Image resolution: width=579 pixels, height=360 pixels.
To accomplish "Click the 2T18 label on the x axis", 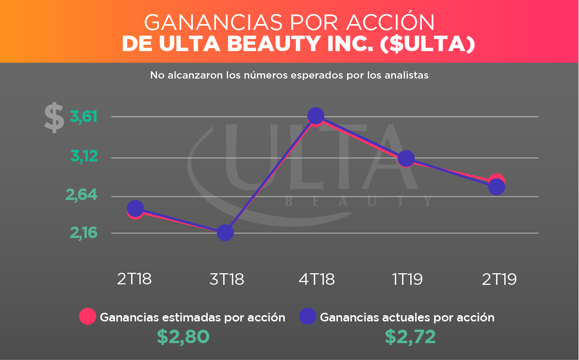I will coord(135,279).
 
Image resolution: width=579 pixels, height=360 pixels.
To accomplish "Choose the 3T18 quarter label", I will coord(226,279).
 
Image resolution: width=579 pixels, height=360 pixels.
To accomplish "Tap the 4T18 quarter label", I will coord(317,279).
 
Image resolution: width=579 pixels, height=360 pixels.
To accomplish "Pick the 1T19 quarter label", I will coord(407,279).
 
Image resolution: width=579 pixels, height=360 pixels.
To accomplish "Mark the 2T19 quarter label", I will coord(498,279).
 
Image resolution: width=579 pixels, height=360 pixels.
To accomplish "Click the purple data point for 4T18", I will coord(315,116).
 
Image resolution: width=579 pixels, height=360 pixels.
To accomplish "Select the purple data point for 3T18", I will coord(225,233).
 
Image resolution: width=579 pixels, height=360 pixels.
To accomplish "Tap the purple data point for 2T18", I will coord(135,208).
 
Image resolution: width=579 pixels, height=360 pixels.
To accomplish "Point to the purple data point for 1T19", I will coord(406,158).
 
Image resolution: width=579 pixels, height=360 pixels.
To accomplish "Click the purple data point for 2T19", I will coord(497,187).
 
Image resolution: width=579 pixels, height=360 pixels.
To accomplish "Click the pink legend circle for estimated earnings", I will coord(88,317).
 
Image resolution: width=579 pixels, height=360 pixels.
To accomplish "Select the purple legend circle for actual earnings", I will coord(308,317).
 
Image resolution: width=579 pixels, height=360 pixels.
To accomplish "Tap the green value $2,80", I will coord(183,337).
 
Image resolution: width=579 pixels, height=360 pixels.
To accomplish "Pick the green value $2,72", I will coord(410,337).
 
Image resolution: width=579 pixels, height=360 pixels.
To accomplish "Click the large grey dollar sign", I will coord(54,117).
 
